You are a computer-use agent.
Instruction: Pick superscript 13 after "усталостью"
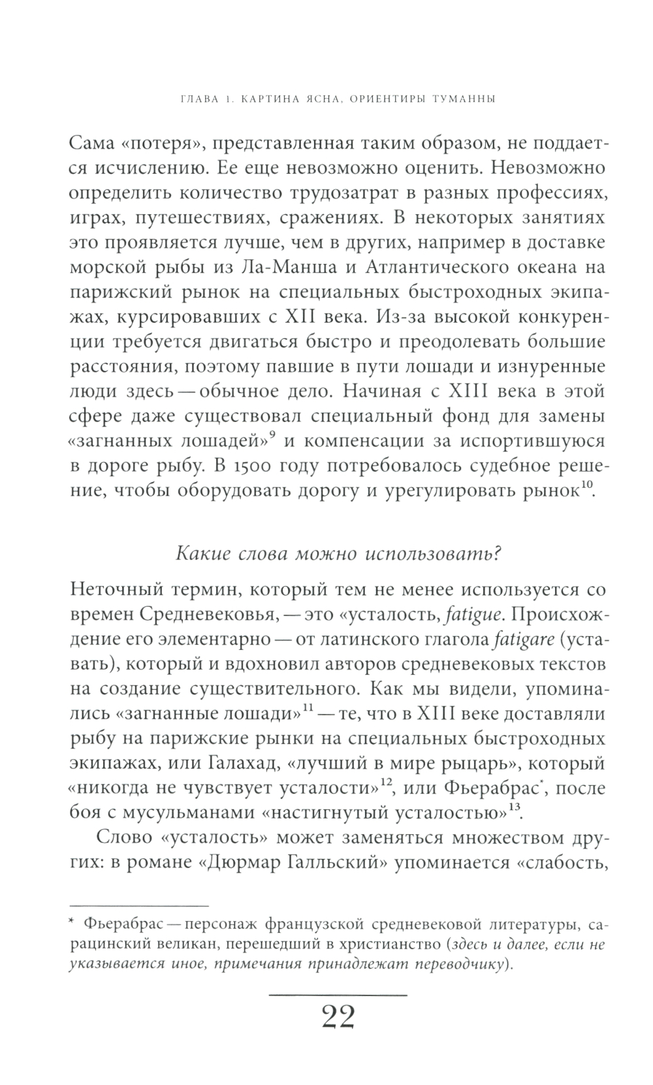click(x=514, y=808)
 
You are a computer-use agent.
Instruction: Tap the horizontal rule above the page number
click(x=338, y=994)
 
